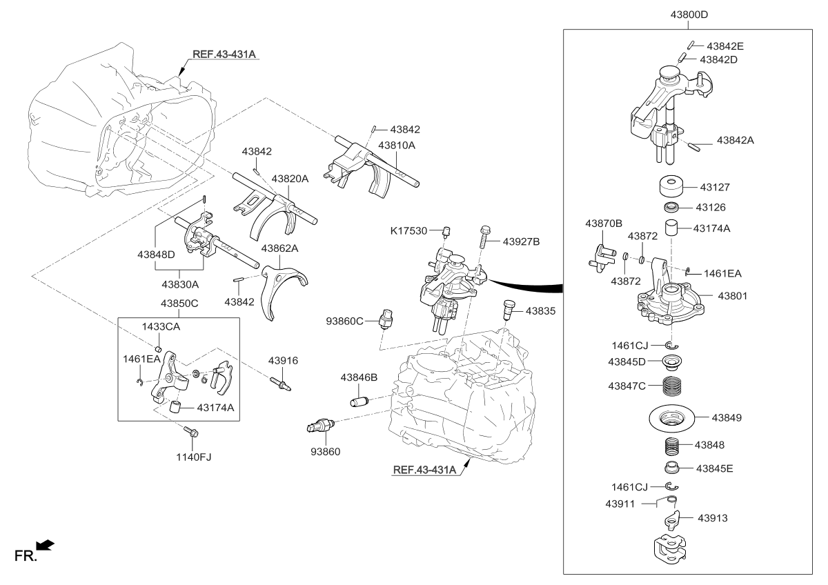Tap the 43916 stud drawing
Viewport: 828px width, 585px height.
pos(282,381)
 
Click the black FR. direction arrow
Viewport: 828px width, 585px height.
pos(46,546)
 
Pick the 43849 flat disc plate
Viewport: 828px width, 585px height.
pos(671,417)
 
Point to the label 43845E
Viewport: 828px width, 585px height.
pos(714,468)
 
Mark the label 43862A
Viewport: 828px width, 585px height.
pos(279,248)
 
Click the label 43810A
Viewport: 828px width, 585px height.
pos(397,146)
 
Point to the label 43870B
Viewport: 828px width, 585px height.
pos(604,224)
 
